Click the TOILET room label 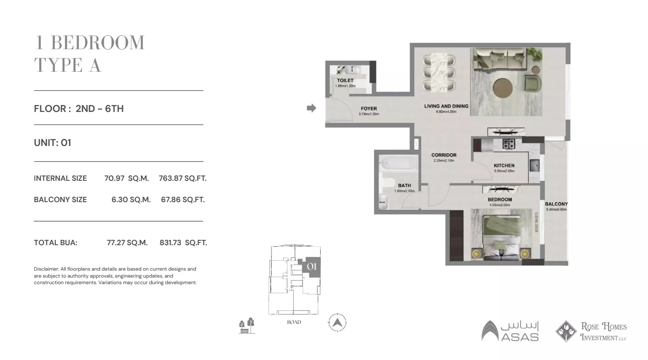click(x=345, y=80)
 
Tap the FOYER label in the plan click(x=369, y=109)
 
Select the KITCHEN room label click(x=504, y=166)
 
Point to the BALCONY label click(x=556, y=204)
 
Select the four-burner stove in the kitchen click(x=509, y=144)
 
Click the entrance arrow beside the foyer click(x=312, y=108)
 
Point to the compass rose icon click(x=337, y=323)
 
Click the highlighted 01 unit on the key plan click(x=312, y=267)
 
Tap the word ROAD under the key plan click(x=294, y=322)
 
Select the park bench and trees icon click(x=247, y=326)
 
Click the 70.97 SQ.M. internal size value click(x=126, y=178)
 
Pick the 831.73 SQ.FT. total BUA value click(x=183, y=243)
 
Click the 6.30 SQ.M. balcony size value click(x=131, y=200)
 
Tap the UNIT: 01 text click(x=52, y=143)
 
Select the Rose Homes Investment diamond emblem click(x=566, y=331)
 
